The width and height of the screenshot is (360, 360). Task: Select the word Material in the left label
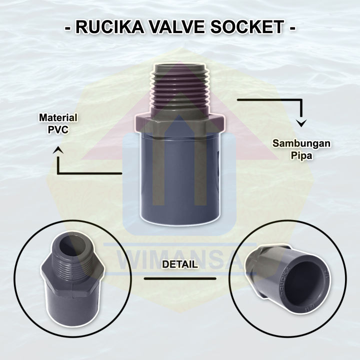coord(58,118)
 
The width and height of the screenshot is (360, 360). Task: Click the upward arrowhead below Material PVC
coord(59,148)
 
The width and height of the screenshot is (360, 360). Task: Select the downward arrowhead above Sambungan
coord(301,123)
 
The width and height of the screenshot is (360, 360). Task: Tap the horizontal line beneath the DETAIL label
coord(179,278)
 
